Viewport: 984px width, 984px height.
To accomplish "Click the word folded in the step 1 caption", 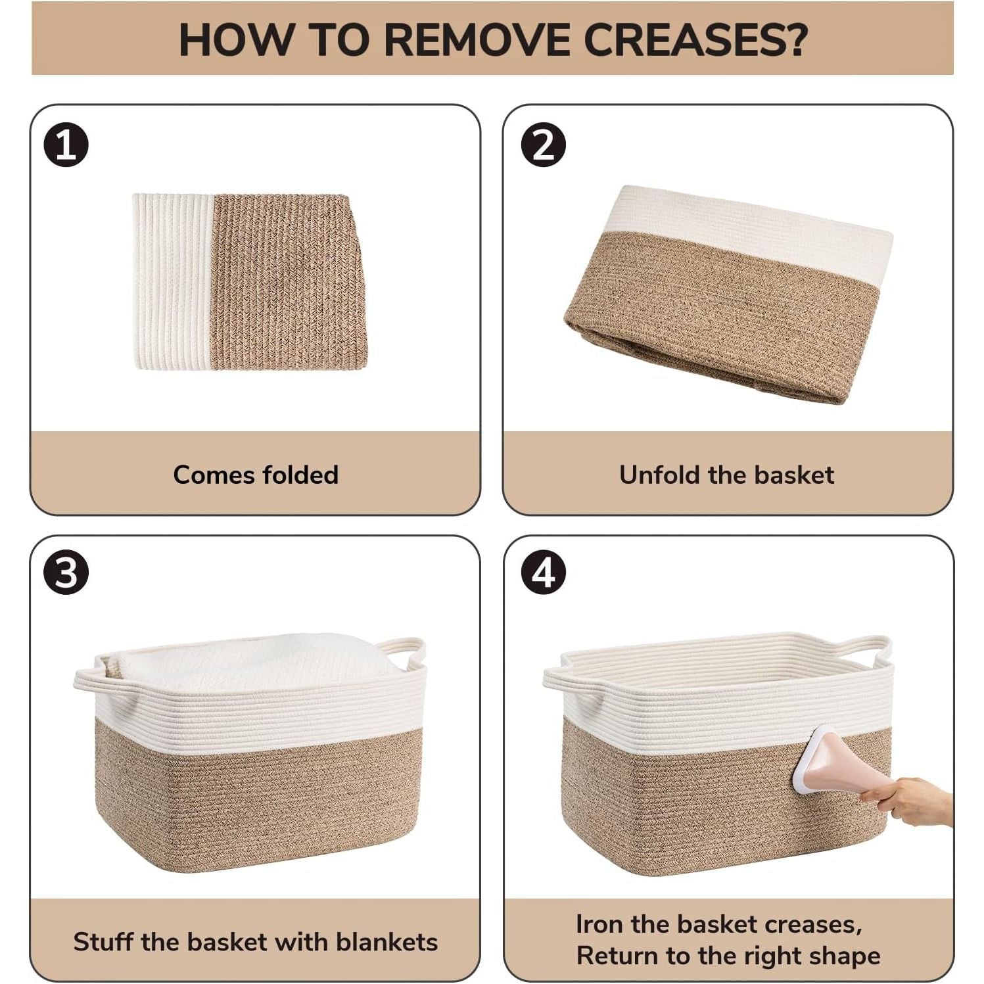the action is click(x=300, y=475).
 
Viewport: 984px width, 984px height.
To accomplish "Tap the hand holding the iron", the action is click(x=907, y=801).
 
